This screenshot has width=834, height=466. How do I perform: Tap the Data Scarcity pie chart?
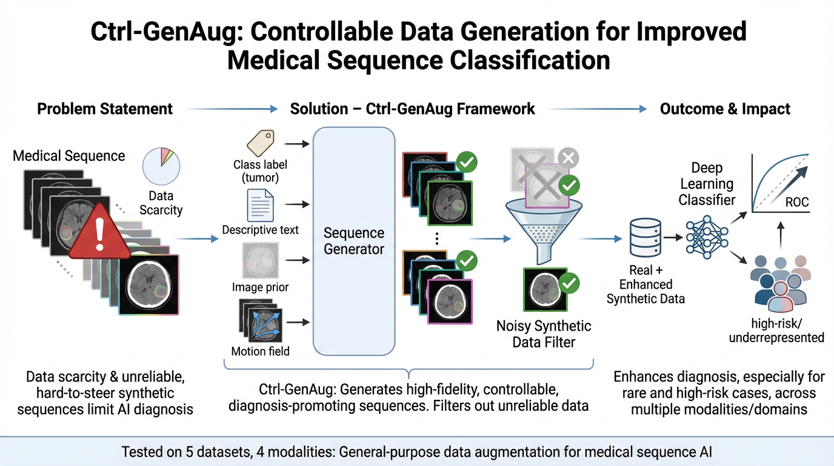tap(161, 167)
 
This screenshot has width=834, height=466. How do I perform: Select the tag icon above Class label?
tap(260, 143)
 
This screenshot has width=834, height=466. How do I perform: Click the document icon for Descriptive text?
tap(260, 206)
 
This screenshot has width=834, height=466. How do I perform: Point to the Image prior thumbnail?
tap(260, 260)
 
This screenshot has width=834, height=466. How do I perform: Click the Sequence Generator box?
tap(354, 240)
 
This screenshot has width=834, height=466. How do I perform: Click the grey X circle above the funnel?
tap(568, 158)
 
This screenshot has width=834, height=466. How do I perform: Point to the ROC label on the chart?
tap(797, 202)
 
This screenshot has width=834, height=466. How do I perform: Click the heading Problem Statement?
tap(105, 109)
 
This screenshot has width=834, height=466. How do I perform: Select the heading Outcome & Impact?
tap(725, 109)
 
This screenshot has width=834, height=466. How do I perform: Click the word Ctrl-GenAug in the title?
tap(165, 32)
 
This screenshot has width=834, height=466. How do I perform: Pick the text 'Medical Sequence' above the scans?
tap(69, 155)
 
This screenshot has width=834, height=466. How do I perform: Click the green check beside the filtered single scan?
tap(569, 282)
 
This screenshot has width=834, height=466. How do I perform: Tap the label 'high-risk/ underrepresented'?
tap(776, 331)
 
